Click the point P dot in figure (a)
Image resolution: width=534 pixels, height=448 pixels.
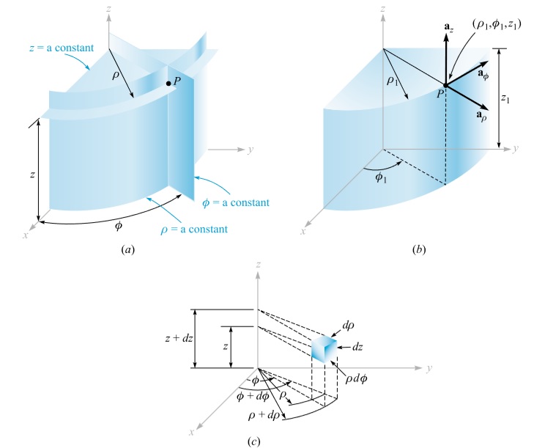tap(169, 84)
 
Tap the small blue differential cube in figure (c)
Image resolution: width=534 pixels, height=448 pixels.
tap(325, 349)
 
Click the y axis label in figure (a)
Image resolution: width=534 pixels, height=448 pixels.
tap(251, 150)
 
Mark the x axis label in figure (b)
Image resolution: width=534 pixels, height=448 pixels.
tap(303, 232)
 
